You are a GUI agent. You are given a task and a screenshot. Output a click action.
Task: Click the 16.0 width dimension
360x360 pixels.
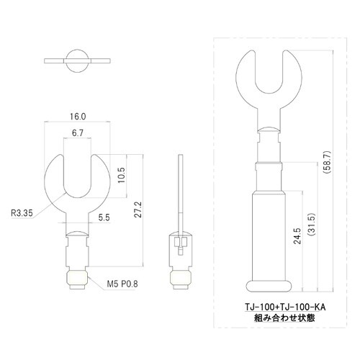78,116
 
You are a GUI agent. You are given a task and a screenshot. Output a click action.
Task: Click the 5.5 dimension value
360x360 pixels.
104,217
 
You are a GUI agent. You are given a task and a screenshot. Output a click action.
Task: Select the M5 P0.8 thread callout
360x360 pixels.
123,284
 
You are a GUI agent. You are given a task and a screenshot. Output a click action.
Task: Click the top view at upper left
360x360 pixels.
77,60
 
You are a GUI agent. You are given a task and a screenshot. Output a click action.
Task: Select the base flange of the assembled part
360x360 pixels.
268,282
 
